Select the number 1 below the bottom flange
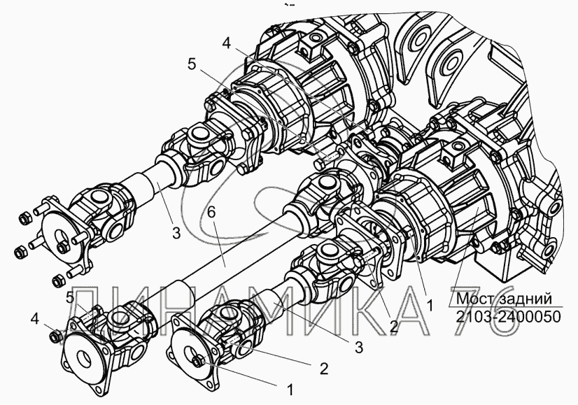pos(290,386)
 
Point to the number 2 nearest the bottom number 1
pos(324,366)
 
